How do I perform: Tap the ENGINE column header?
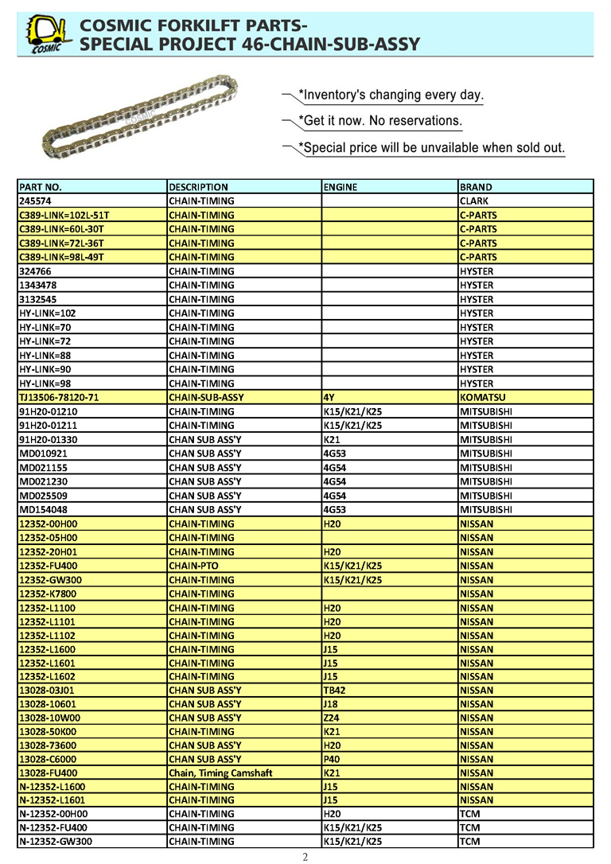(x=341, y=187)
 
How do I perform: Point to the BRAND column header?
(x=476, y=187)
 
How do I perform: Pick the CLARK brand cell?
(x=474, y=201)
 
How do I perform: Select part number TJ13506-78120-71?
(x=59, y=397)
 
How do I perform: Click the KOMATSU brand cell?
(x=482, y=397)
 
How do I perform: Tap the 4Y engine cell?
(x=329, y=397)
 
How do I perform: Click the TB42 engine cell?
(x=335, y=691)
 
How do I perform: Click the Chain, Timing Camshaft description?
(x=220, y=773)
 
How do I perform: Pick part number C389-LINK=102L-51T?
(x=64, y=215)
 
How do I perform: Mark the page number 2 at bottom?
(x=305, y=857)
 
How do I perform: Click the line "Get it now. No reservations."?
(x=379, y=121)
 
